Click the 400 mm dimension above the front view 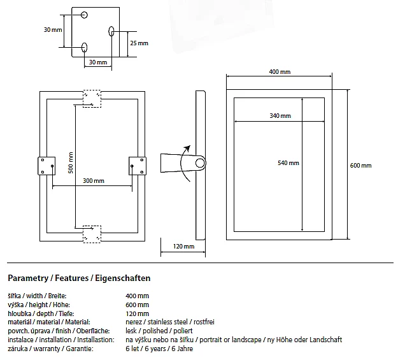tap(280, 72)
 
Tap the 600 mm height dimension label tap(360, 166)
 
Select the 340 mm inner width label tap(280, 115)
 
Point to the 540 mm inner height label tap(288, 162)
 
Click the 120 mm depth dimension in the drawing tap(185, 247)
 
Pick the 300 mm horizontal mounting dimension tap(94, 180)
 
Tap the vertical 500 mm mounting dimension tap(71, 162)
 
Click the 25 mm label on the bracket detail tap(139, 43)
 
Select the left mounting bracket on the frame tap(46, 165)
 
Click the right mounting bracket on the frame tap(138, 165)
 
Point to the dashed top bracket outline tap(92, 97)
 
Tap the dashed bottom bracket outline tap(92, 233)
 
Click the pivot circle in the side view tap(199, 164)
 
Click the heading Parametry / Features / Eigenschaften tap(79, 278)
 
